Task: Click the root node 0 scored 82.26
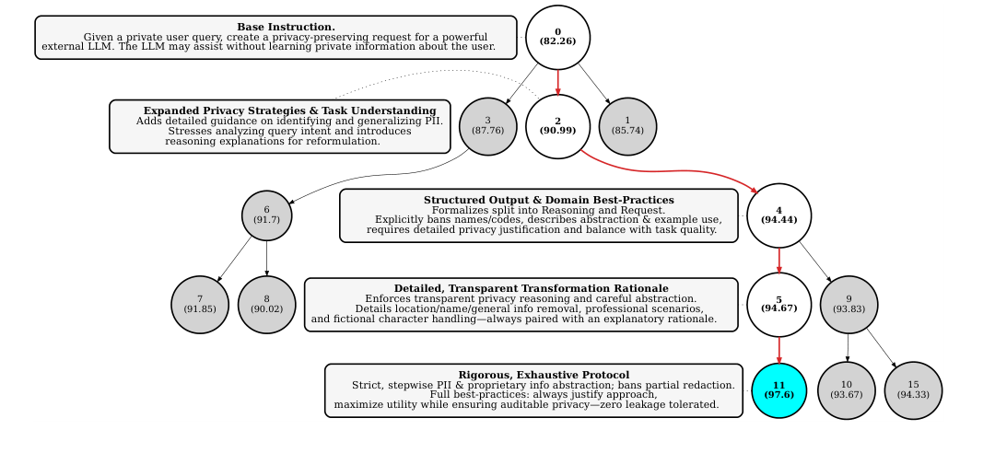pyautogui.click(x=557, y=37)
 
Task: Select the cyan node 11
pyautogui.click(x=778, y=390)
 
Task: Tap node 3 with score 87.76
pyautogui.click(x=487, y=126)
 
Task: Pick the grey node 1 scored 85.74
pyautogui.click(x=627, y=126)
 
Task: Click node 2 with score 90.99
pyautogui.click(x=557, y=126)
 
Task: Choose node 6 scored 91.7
pyautogui.click(x=266, y=215)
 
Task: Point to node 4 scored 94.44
pyautogui.click(x=778, y=215)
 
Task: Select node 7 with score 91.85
pyautogui.click(x=200, y=305)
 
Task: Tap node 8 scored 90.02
pyautogui.click(x=266, y=305)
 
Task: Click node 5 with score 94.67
pyautogui.click(x=778, y=305)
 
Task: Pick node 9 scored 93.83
pyautogui.click(x=849, y=305)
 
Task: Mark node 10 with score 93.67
pyautogui.click(x=846, y=390)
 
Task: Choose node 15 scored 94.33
pyautogui.click(x=913, y=390)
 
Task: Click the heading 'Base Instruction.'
pyautogui.click(x=287, y=28)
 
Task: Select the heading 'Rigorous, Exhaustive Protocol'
pyautogui.click(x=544, y=375)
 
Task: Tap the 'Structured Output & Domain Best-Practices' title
pyautogui.click(x=549, y=200)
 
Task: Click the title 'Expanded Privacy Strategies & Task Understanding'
pyautogui.click(x=290, y=111)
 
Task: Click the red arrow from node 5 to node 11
pyautogui.click(x=778, y=350)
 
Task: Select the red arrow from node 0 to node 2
pyautogui.click(x=557, y=83)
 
